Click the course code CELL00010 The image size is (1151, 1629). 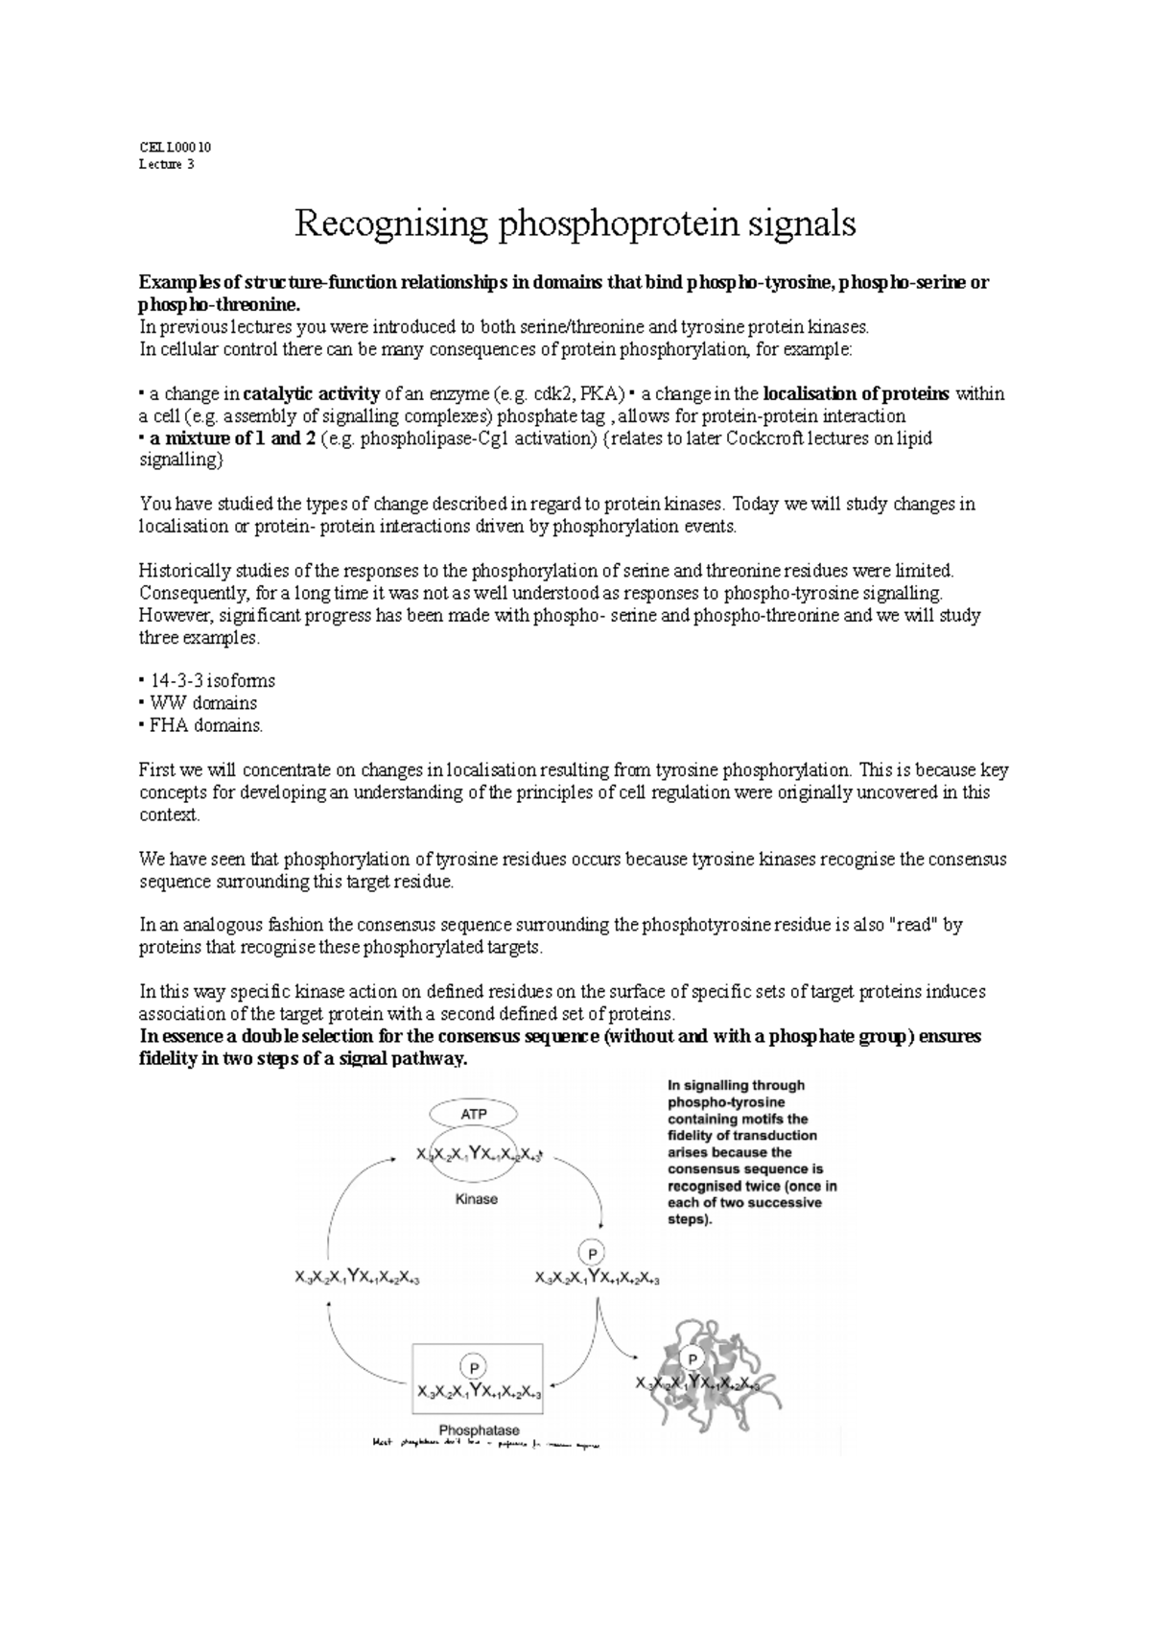tap(175, 148)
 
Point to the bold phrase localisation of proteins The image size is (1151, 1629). tap(856, 394)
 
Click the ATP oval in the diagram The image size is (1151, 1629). tap(474, 1114)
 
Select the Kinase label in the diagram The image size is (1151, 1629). tap(476, 1199)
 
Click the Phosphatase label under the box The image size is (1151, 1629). tap(479, 1430)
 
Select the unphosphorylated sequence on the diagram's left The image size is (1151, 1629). tap(357, 1277)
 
